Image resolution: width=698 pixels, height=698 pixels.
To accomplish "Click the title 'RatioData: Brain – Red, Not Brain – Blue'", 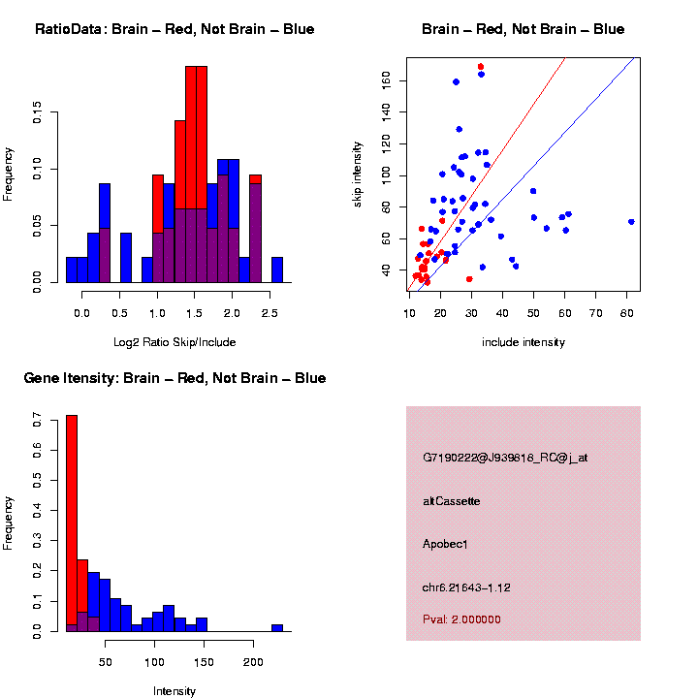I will [x=174, y=29].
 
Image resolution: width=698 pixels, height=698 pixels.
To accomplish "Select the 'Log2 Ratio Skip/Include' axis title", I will [x=174, y=341].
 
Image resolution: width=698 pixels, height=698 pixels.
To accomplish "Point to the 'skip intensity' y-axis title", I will [x=358, y=174].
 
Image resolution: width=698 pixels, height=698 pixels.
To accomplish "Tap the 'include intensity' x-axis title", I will [x=523, y=341].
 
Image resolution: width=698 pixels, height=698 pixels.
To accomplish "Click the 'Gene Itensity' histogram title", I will [x=174, y=378].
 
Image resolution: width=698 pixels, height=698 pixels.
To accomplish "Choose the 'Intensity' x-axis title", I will [x=174, y=691].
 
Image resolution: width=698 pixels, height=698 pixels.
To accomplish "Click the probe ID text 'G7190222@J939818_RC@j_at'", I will [x=504, y=458].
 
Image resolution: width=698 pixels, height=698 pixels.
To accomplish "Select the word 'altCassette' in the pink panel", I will [x=451, y=501].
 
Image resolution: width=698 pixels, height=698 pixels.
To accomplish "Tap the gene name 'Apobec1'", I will [x=445, y=545].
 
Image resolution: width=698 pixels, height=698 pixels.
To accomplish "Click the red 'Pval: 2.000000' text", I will [x=461, y=619].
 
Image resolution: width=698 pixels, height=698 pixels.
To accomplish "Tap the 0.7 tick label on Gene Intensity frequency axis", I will [x=37, y=423].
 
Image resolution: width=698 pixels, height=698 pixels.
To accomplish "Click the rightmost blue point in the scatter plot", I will [x=631, y=222].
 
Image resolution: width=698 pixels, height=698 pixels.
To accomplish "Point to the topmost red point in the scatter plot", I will [x=481, y=67].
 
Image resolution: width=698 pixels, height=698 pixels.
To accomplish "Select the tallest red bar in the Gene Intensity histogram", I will [x=72, y=523].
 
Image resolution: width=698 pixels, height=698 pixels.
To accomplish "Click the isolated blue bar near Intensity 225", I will [x=277, y=627].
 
